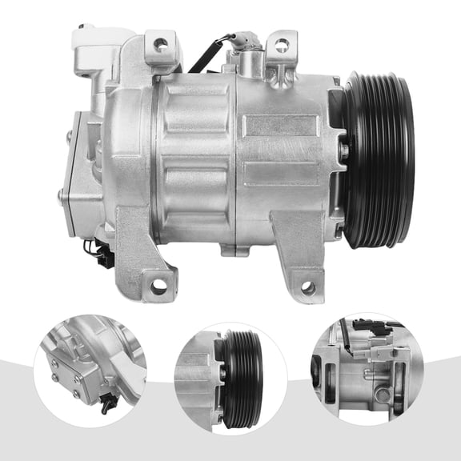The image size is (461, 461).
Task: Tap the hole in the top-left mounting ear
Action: click(x=161, y=44)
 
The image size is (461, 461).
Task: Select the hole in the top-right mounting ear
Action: click(x=282, y=45)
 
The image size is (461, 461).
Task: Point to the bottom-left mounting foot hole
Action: click(x=158, y=284)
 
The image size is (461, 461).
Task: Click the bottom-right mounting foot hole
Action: click(x=308, y=288)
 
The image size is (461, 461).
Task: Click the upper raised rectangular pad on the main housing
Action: click(x=280, y=126)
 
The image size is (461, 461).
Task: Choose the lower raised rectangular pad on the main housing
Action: click(x=280, y=173)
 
